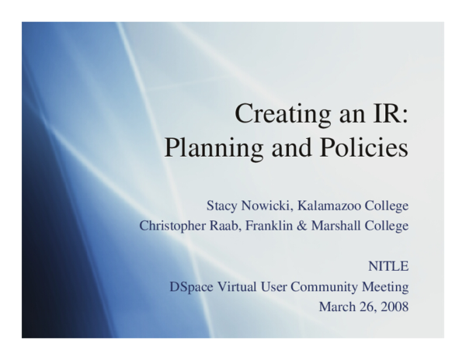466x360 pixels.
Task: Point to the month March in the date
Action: click(x=336, y=306)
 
